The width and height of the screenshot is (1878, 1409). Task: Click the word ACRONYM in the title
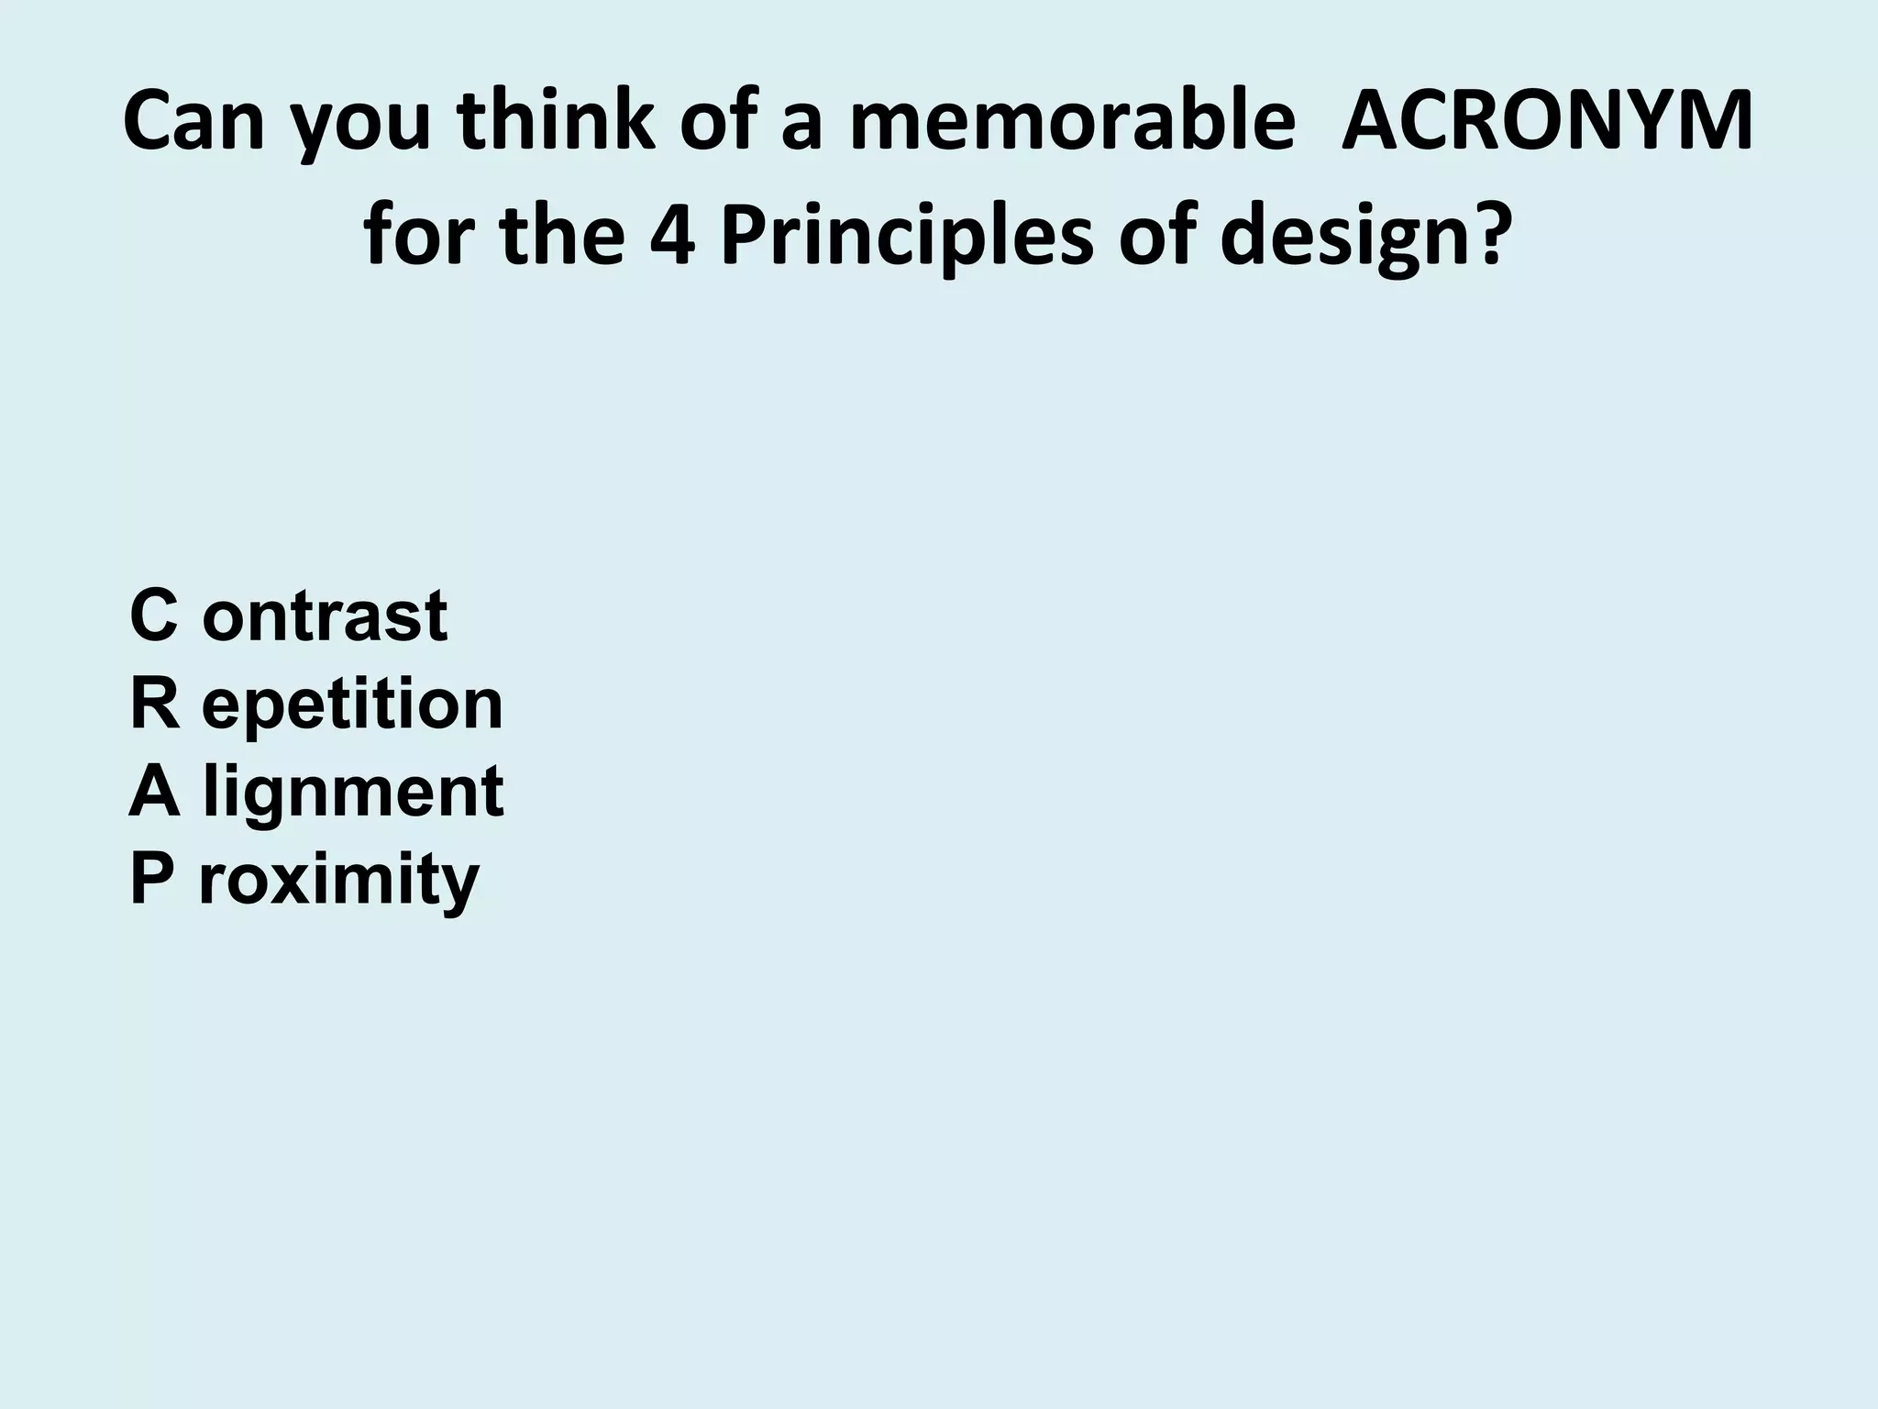(1547, 121)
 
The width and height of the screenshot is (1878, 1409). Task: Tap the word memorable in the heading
(1071, 121)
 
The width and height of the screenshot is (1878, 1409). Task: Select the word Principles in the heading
(907, 236)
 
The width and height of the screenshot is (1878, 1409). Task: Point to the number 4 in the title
(672, 236)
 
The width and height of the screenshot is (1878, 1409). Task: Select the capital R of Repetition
(155, 704)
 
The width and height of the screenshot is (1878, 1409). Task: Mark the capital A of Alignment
(154, 791)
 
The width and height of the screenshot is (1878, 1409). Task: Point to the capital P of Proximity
(151, 878)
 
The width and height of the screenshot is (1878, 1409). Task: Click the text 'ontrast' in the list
(325, 616)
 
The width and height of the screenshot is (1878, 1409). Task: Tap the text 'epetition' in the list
(353, 705)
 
